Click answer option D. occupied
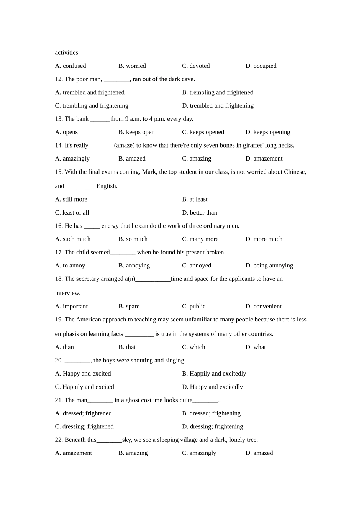(x=261, y=66)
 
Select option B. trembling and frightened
(x=217, y=92)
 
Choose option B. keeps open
(x=136, y=132)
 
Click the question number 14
(x=59, y=145)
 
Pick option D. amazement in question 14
(x=264, y=159)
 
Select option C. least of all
(x=72, y=213)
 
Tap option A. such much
(x=73, y=239)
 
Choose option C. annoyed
(x=197, y=266)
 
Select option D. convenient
(x=263, y=307)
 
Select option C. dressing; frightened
(x=84, y=426)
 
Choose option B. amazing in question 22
(x=133, y=453)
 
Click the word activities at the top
(x=67, y=53)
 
